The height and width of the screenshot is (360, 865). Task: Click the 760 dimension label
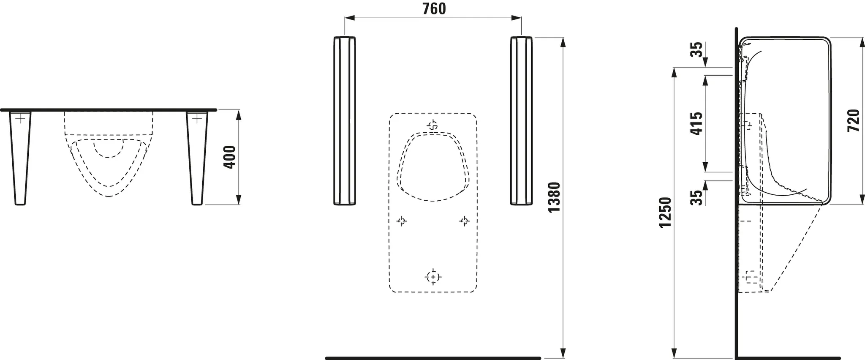434,9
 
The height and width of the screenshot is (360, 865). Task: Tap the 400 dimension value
229,157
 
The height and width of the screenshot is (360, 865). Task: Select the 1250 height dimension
665,212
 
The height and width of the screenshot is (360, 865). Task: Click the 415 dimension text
696,123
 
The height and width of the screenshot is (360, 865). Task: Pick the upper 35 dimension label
696,49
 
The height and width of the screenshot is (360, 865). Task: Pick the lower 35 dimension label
696,197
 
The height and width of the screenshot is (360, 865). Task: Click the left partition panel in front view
345,121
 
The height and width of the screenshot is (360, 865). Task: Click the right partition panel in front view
521,121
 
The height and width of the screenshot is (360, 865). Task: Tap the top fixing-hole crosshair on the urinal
432,125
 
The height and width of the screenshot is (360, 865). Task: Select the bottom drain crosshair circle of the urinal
432,277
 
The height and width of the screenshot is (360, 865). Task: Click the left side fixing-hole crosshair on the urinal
401,221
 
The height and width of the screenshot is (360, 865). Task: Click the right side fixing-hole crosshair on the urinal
464,221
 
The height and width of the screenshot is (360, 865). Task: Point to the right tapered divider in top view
197,156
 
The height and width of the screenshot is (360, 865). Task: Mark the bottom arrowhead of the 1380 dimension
562,354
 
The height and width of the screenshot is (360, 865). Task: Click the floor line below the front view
432,358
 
